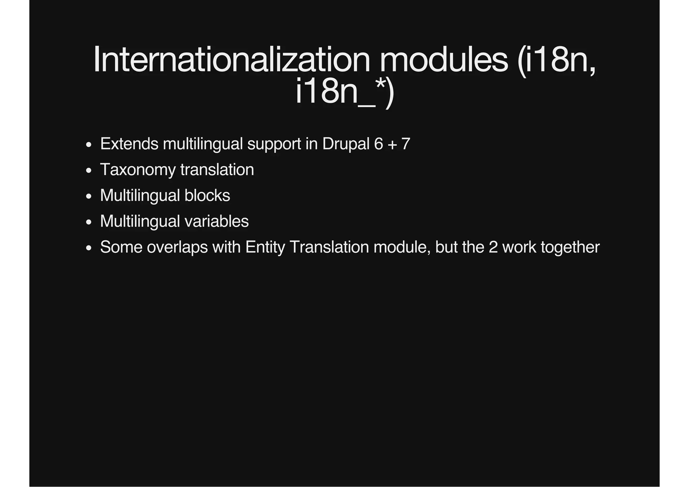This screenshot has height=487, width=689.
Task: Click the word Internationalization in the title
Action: coord(231,60)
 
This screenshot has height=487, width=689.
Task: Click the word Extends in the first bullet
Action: coord(129,144)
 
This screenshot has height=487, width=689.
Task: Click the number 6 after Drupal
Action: coord(378,144)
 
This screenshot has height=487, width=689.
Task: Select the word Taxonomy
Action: coord(138,170)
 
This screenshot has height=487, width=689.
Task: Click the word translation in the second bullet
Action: coord(217,170)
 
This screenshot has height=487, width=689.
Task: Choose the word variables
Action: coord(217,221)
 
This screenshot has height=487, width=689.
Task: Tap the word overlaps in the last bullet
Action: coord(177,247)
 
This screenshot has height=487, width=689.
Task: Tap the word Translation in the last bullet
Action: coord(329,247)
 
